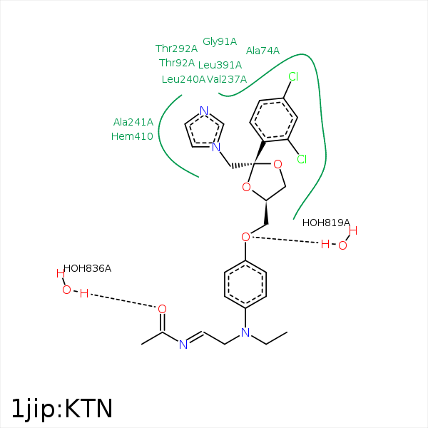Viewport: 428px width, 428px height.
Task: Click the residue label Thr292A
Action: (176, 49)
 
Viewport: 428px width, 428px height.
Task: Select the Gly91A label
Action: (220, 41)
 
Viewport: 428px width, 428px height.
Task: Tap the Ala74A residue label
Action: (263, 51)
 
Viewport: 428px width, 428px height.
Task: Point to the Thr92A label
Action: (176, 63)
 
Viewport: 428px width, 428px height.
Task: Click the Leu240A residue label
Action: (183, 79)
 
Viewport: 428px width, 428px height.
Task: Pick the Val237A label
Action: (227, 79)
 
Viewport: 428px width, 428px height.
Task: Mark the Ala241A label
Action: (133, 122)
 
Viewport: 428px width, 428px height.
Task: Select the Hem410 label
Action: (132, 136)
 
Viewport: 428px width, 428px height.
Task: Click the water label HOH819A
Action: (326, 223)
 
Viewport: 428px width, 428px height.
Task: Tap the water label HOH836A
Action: (87, 268)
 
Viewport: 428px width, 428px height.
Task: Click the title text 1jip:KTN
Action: (62, 408)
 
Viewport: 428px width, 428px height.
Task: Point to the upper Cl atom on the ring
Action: (293, 76)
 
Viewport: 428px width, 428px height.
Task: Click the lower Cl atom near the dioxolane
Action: (302, 159)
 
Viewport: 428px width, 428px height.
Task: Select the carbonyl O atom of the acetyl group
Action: (162, 309)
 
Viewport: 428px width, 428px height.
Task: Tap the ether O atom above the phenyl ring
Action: (245, 236)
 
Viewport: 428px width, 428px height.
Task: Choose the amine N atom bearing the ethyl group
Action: (245, 333)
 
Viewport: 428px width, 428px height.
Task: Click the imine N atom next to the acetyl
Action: (183, 345)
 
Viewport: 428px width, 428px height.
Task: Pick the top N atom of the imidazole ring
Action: (204, 111)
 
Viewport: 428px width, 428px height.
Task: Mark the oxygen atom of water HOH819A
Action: (342, 245)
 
